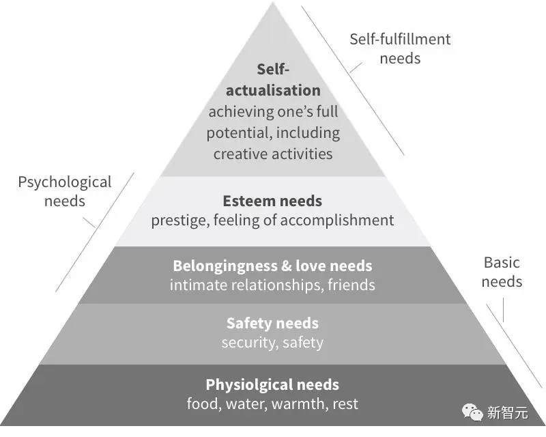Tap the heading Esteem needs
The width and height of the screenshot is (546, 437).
pos(272,201)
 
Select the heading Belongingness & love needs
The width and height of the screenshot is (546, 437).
pos(272,266)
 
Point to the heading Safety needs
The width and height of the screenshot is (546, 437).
pos(272,323)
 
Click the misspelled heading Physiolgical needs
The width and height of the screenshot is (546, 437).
pos(272,384)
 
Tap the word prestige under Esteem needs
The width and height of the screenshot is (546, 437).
pos(179,220)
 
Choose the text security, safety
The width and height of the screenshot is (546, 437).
pos(272,342)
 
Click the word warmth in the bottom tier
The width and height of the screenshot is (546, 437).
pos(300,404)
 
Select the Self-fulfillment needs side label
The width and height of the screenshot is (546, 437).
pos(400,48)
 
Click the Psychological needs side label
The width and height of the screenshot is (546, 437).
pos(64,191)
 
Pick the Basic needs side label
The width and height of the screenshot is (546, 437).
pos(502,272)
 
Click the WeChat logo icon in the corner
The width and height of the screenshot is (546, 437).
pos(472,412)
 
